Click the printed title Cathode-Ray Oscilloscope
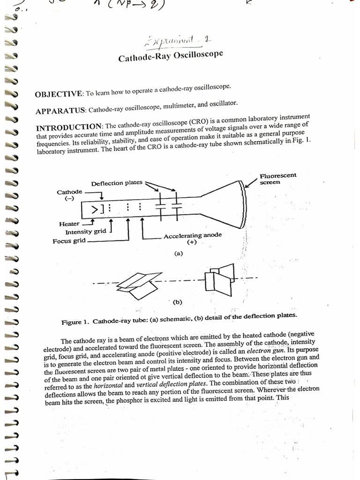tap(170, 57)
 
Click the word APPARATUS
tap(60, 111)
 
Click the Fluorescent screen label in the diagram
tap(277, 179)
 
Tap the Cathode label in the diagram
tap(69, 192)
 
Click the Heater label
tap(69, 224)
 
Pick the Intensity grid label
tap(85, 232)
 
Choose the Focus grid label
tap(69, 241)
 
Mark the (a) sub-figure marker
tap(178, 254)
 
